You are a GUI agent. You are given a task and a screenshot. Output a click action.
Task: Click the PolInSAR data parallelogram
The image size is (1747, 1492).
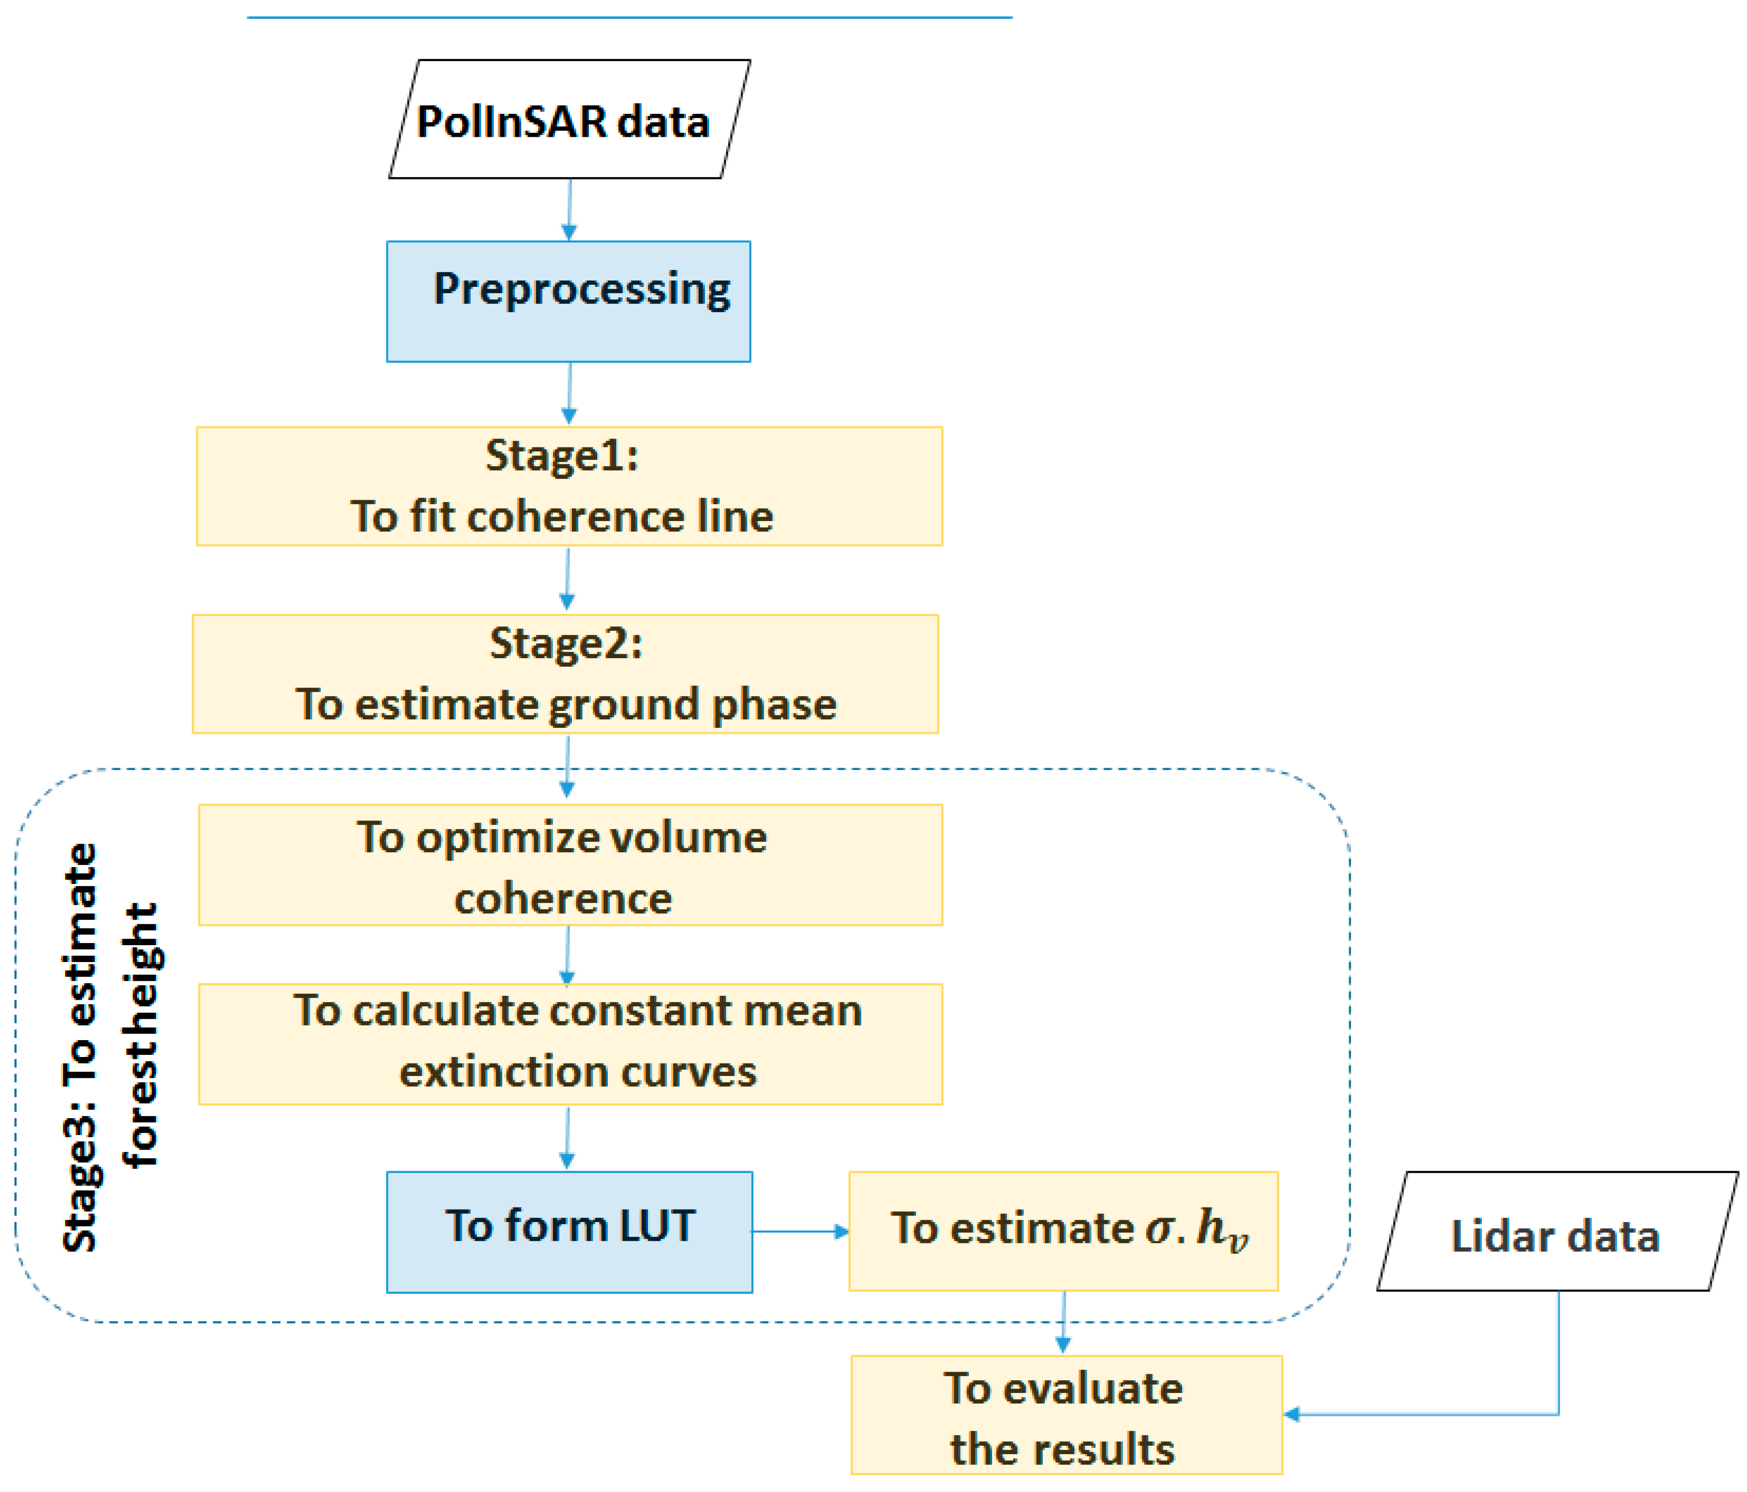(569, 120)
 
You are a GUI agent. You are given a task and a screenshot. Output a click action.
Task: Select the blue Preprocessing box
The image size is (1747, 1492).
(568, 302)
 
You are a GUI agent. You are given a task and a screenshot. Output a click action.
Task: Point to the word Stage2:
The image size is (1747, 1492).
(566, 644)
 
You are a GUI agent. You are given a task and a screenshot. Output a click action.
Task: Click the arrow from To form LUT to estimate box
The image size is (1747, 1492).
(799, 1231)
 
